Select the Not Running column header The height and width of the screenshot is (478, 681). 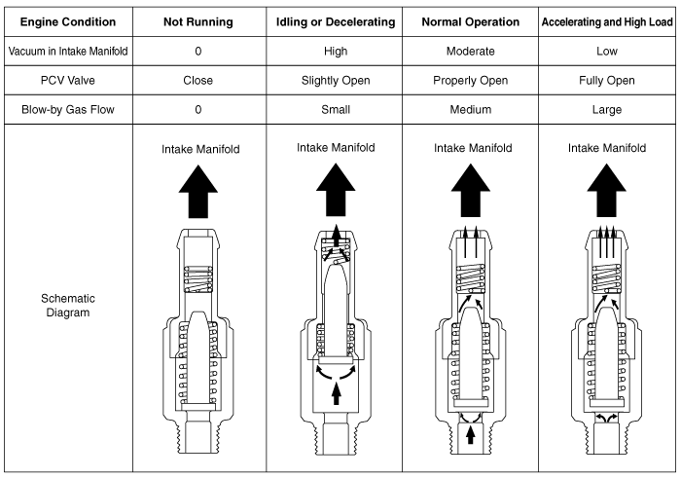[x=197, y=20]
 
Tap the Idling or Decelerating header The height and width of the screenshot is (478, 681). [x=336, y=20]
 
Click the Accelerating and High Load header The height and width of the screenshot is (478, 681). [x=607, y=20]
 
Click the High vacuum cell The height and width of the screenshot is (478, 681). [x=336, y=52]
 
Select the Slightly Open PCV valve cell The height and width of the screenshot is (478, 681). [x=336, y=81]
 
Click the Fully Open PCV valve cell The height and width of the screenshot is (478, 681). [x=607, y=81]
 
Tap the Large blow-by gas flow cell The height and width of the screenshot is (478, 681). [x=607, y=110]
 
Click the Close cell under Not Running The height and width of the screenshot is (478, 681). [x=197, y=81]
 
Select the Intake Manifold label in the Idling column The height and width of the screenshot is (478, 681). [x=336, y=148]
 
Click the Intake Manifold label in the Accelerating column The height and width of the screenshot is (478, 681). [x=607, y=149]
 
